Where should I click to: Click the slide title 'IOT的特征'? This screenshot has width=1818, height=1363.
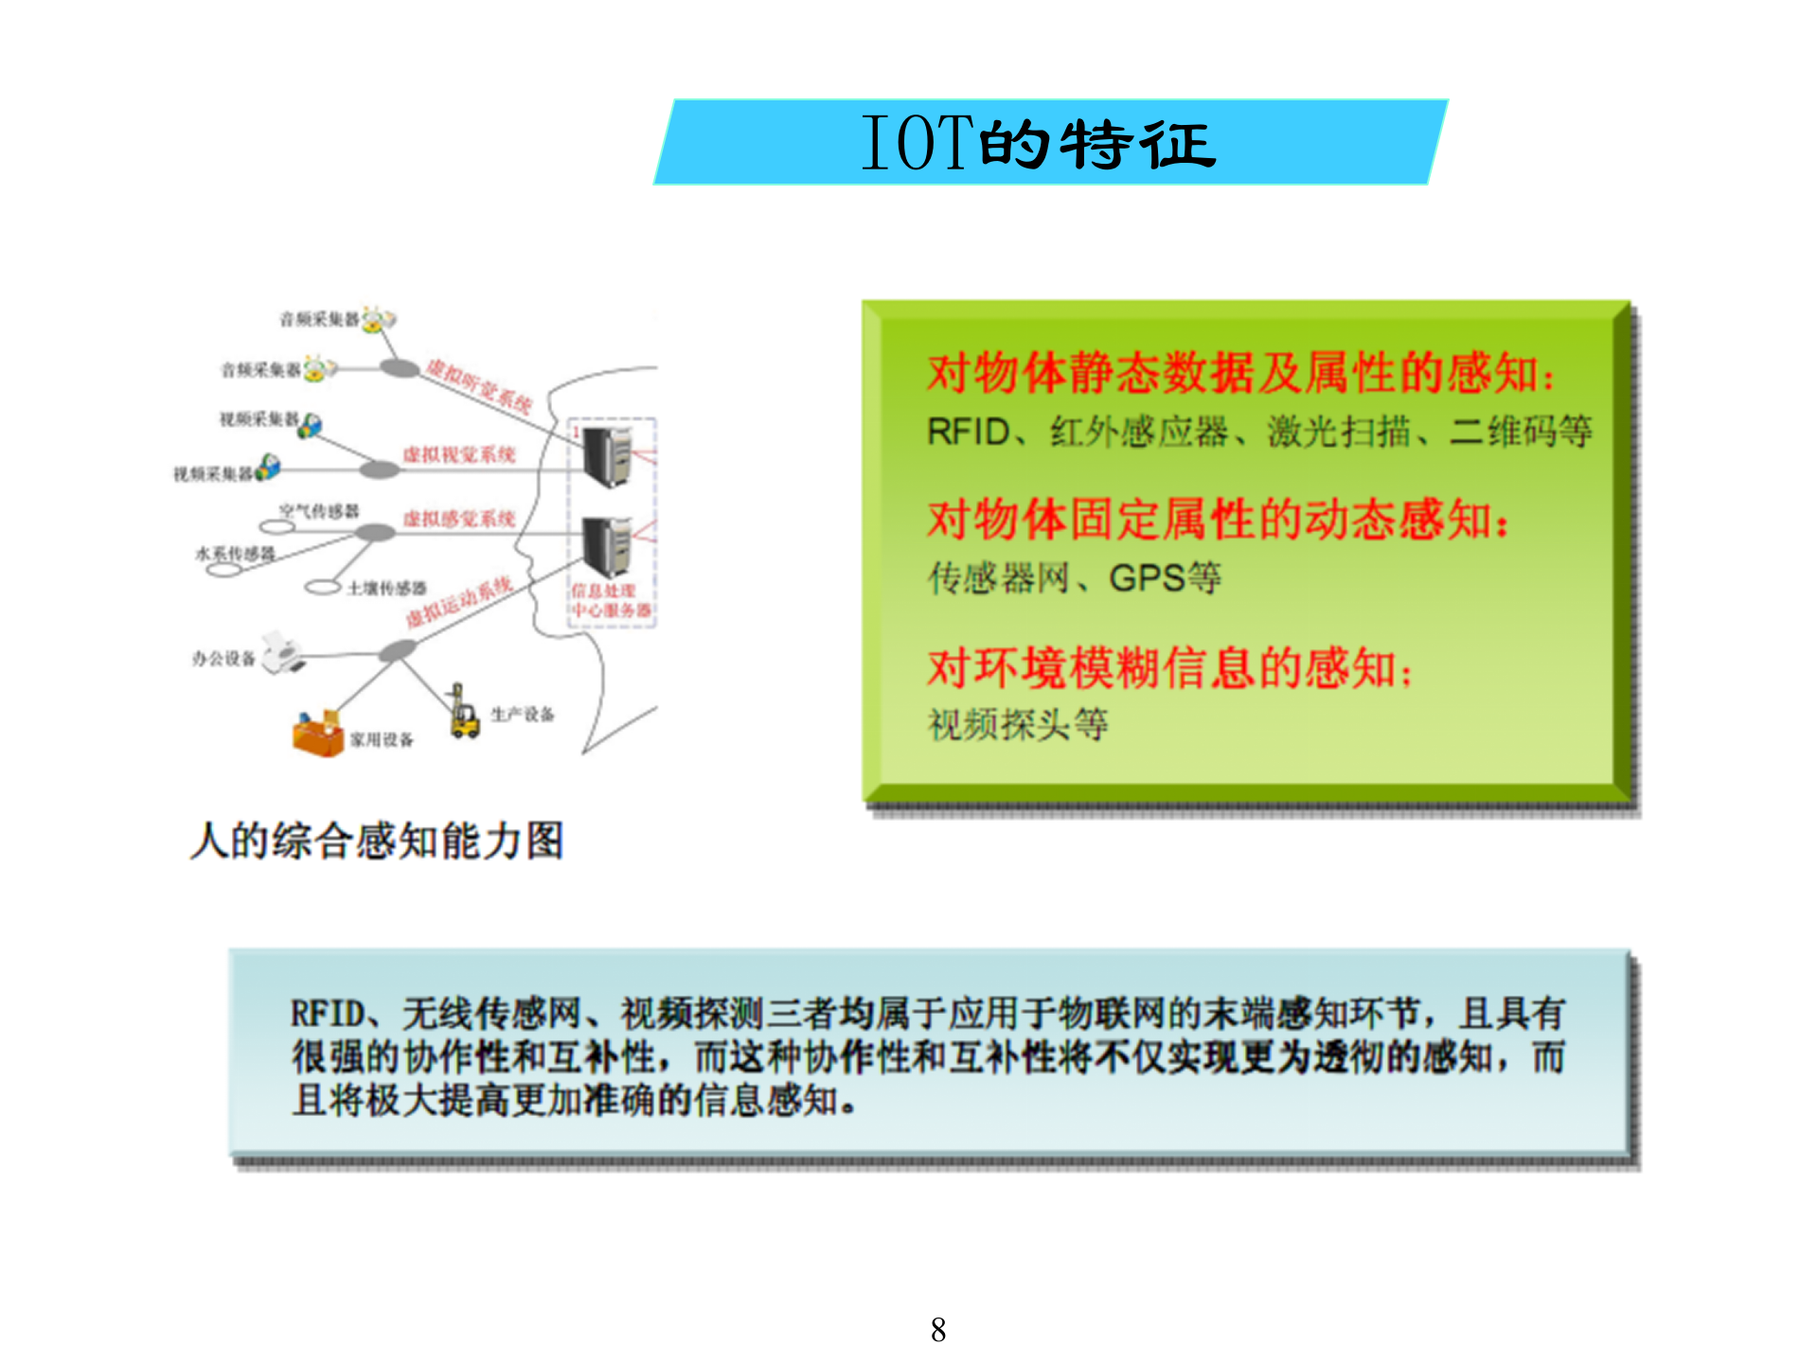tap(1039, 143)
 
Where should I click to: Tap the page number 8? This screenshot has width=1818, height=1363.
tap(937, 1330)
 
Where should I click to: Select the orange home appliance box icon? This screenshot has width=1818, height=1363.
tap(318, 734)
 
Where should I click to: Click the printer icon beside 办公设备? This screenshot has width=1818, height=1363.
tap(282, 652)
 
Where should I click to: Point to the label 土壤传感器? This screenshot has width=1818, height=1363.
tap(386, 589)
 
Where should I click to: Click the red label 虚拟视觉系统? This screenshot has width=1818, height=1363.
tap(459, 455)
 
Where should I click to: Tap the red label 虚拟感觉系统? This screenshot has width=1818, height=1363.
tap(459, 519)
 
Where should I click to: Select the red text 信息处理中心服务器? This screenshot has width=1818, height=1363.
tap(611, 601)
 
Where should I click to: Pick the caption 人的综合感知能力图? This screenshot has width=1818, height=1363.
tap(377, 841)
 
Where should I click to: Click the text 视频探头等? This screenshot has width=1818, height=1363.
tap(1018, 725)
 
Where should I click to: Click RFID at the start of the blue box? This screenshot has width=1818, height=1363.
tap(327, 1014)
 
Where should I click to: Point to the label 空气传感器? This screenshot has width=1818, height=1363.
tap(319, 511)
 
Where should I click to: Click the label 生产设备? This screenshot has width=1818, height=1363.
tap(523, 714)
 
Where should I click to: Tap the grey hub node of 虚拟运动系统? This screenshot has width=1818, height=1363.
tap(398, 650)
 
